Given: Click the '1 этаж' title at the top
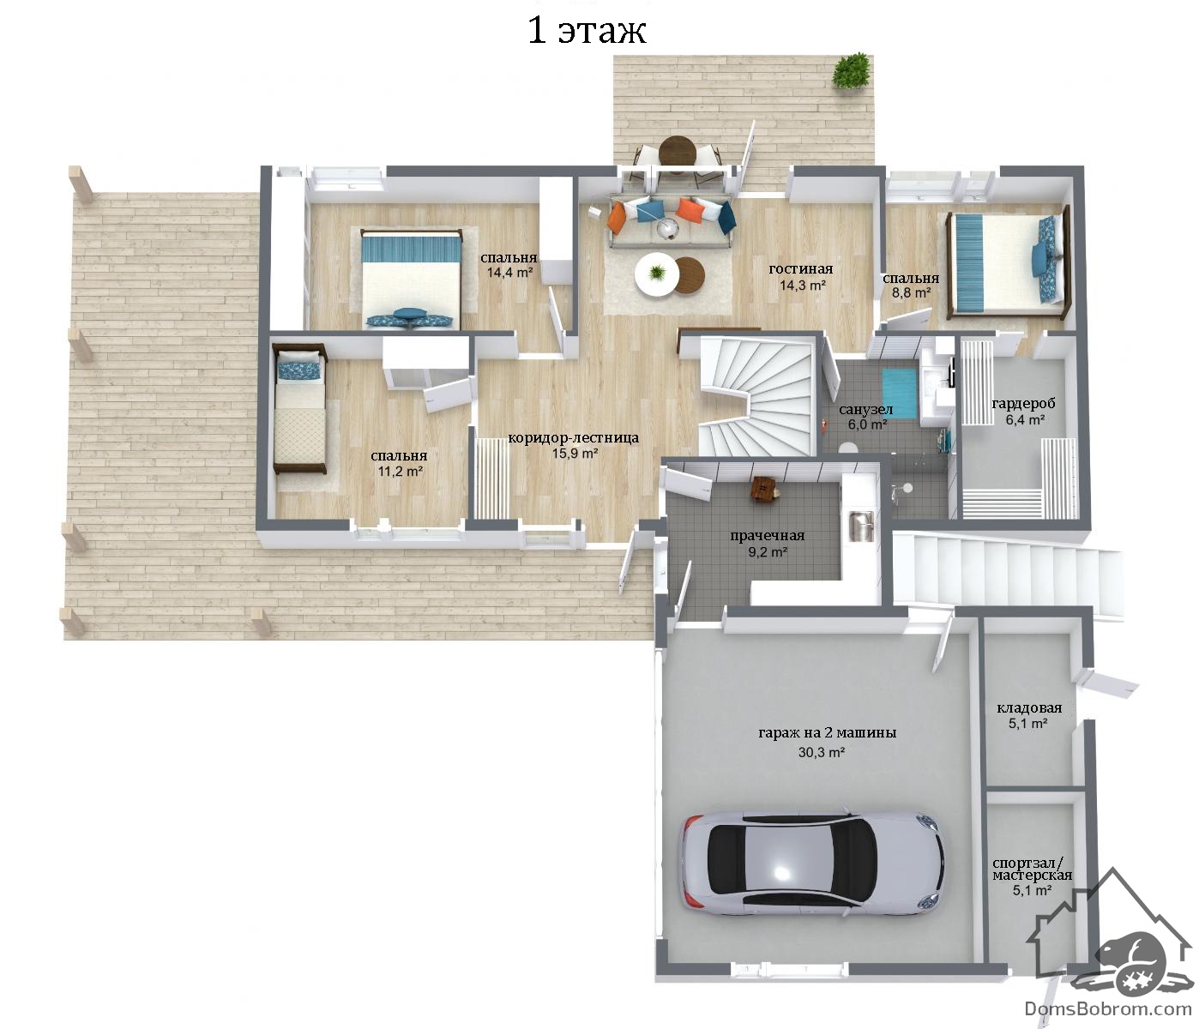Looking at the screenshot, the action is pyautogui.click(x=587, y=31).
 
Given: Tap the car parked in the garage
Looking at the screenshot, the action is pyautogui.click(x=813, y=864).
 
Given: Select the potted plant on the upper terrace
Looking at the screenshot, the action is pyautogui.click(x=852, y=71).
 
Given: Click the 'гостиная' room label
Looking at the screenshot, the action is pyautogui.click(x=800, y=268).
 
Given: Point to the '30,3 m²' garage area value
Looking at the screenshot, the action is pyautogui.click(x=822, y=752).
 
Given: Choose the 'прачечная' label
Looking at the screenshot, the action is pyautogui.click(x=767, y=535).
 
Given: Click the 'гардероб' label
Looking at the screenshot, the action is pyautogui.click(x=1023, y=404).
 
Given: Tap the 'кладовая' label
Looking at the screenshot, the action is pyautogui.click(x=1029, y=707).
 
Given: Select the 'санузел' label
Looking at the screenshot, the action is pyautogui.click(x=866, y=410).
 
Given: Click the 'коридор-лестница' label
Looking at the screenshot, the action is pyautogui.click(x=573, y=438).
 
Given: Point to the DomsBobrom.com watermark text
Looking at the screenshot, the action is pyautogui.click(x=1108, y=1008).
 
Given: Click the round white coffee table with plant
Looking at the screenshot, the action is pyautogui.click(x=657, y=275).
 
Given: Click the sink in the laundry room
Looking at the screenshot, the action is pyautogui.click(x=861, y=527).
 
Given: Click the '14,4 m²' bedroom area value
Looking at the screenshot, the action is pyautogui.click(x=509, y=272).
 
